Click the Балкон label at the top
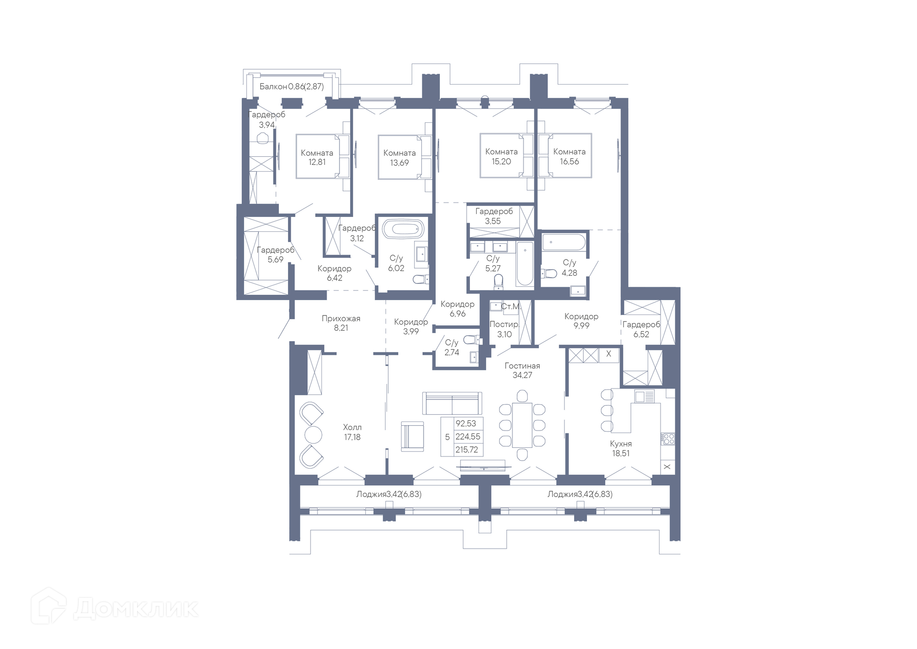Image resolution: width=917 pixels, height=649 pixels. tap(273, 87)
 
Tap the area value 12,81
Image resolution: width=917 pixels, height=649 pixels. tap(317, 162)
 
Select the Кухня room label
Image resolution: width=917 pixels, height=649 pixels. tap(621, 443)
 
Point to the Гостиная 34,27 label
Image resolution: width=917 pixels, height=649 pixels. tap(522, 370)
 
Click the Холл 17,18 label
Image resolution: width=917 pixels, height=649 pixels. tap(352, 432)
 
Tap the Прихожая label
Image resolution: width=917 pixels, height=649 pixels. tap(341, 318)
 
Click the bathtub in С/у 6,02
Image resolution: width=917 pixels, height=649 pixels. tap(404, 229)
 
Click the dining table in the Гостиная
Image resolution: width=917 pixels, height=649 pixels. tap(522, 425)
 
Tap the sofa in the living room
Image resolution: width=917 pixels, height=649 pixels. tap(452, 403)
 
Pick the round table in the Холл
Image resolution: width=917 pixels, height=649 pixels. tap(313, 435)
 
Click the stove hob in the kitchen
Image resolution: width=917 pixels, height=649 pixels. tap(668, 439)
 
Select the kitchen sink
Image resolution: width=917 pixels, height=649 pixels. tap(644, 396)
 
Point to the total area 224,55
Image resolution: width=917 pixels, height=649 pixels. tap(468, 436)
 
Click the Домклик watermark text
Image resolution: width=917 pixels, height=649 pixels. tap(136, 608)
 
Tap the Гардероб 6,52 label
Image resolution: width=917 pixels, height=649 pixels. tap(641, 329)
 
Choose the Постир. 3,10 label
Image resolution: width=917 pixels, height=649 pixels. tap(504, 329)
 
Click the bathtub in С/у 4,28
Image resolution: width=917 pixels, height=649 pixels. tap(564, 242)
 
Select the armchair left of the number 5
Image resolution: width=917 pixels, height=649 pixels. tap(412, 436)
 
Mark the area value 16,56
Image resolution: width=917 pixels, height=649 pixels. tap(569, 162)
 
